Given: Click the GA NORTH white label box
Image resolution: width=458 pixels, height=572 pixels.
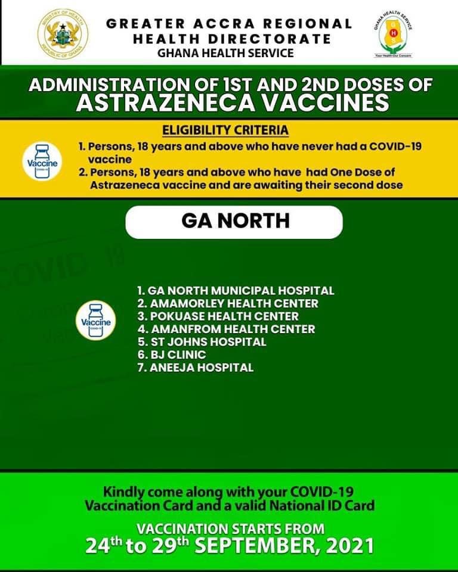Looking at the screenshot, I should [234, 221].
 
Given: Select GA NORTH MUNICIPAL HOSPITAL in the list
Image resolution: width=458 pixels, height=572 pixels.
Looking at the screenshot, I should [236, 291].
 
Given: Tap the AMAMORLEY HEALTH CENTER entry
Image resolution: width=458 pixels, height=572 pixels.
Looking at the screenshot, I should [227, 303].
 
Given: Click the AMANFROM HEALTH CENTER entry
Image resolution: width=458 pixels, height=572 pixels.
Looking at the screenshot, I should [226, 329].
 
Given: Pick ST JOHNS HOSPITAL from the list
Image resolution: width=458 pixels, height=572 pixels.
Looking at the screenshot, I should [202, 342].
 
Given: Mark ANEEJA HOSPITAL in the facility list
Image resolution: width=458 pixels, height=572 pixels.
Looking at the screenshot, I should [195, 368].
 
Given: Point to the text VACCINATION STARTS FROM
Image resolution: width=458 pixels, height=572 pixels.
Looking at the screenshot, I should [231, 529].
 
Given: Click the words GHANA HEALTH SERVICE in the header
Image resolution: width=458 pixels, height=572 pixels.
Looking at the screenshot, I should [225, 53].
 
